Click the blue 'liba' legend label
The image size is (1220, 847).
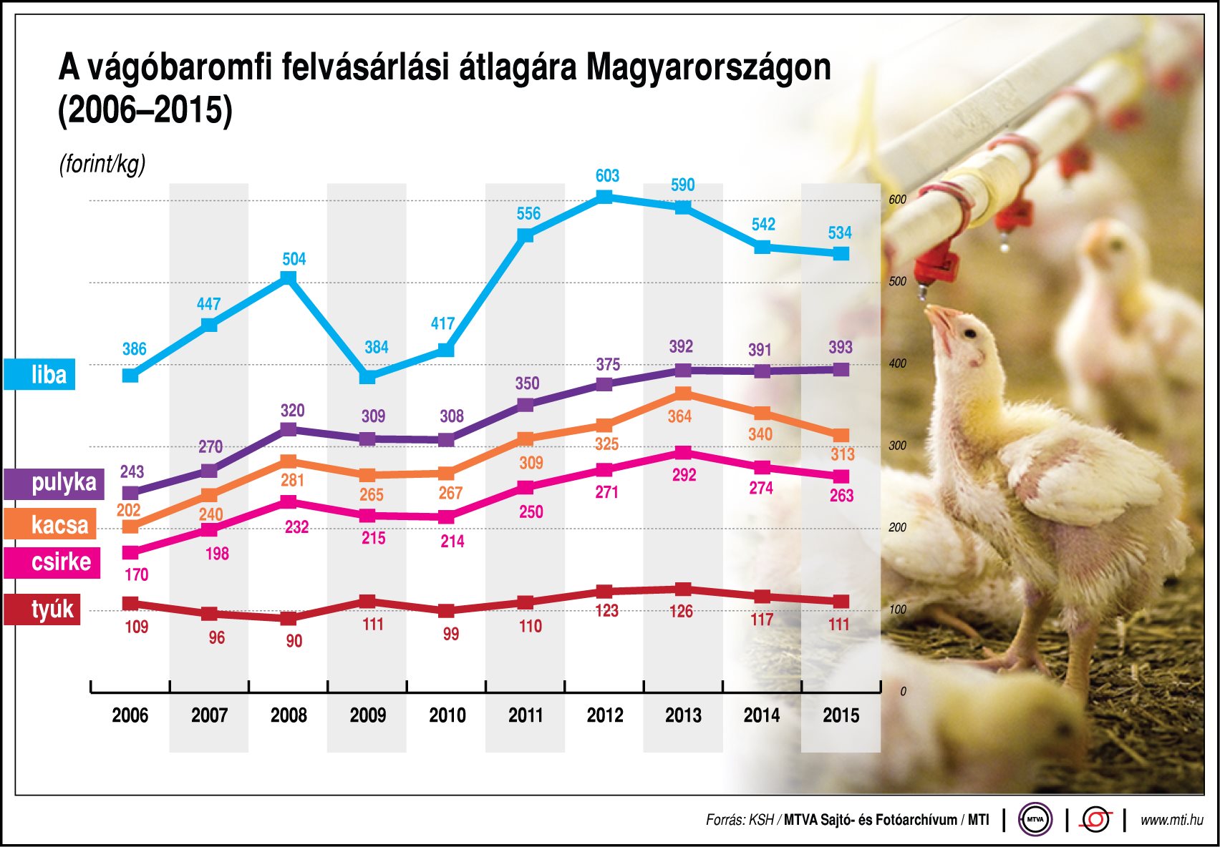click(x=39, y=374)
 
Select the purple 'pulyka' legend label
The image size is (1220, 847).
click(x=54, y=483)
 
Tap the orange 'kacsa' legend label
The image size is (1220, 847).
click(x=49, y=524)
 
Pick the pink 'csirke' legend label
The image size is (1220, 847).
click(x=52, y=562)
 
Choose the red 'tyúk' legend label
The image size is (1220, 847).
click(x=42, y=609)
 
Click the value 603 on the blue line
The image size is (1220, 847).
click(x=607, y=176)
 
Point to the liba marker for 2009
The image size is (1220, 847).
click(x=367, y=376)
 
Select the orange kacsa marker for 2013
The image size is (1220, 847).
click(x=683, y=393)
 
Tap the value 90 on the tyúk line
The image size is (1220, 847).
click(x=294, y=641)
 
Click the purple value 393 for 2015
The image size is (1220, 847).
click(x=840, y=347)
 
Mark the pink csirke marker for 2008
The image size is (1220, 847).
click(x=289, y=502)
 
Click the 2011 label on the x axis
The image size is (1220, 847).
click(x=526, y=715)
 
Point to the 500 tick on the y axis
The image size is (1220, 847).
click(x=897, y=282)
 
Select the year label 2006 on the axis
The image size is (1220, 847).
click(x=130, y=715)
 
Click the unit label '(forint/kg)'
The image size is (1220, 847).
click(x=102, y=164)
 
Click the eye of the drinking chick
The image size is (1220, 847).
click(x=970, y=333)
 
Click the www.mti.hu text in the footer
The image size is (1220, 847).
click(x=1171, y=820)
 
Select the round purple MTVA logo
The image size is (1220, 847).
click(x=1035, y=820)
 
